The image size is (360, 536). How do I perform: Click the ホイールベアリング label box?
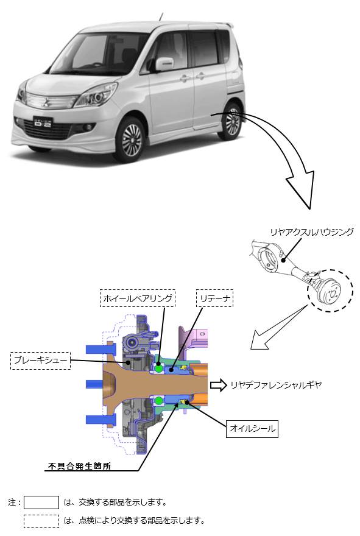pos(138,298)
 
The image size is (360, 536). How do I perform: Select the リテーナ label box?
pos(214,298)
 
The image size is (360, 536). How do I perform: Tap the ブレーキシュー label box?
pos(40,361)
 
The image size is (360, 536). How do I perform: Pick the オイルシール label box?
pos(252,429)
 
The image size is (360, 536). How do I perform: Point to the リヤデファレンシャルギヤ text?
pos(276,385)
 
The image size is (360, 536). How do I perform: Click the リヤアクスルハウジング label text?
pos(312,232)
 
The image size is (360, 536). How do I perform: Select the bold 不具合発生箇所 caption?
pos(79,466)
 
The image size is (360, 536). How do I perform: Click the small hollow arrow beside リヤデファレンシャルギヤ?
pos(219,385)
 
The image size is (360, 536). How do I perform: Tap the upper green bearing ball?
pos(158,368)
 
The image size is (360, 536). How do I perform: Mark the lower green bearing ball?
pos(158,400)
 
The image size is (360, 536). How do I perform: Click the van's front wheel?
pos(130,139)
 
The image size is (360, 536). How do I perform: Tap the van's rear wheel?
pos(231,121)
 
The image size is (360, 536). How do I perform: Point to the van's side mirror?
pos(164,64)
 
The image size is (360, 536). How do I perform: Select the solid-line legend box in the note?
pos(41,503)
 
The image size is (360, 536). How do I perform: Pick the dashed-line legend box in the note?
pos(41,521)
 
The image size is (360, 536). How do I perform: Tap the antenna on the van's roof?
pos(161,17)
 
